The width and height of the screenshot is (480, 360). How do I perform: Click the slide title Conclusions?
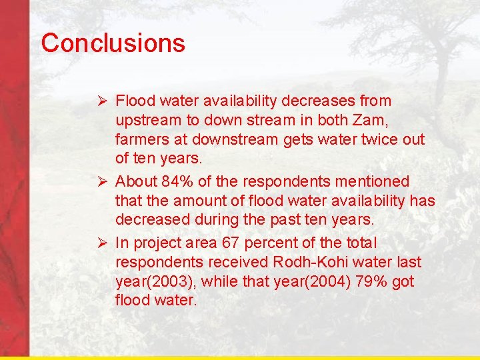[x=113, y=43]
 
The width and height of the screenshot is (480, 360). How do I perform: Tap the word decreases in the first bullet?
[x=317, y=101]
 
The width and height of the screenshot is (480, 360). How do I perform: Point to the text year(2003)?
[x=152, y=282]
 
